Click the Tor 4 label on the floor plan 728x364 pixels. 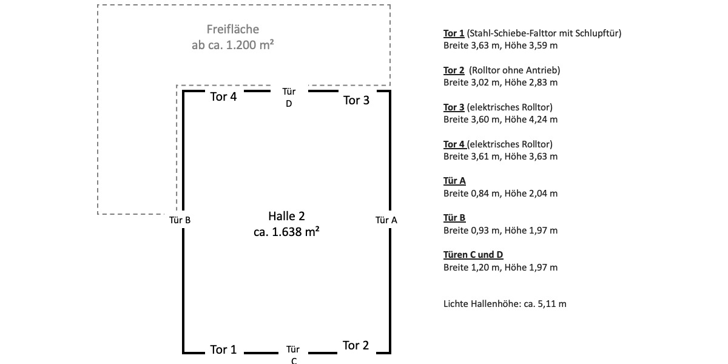(223, 97)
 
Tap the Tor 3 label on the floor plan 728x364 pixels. (356, 101)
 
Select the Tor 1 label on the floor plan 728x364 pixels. (223, 350)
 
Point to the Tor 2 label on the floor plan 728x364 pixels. (356, 346)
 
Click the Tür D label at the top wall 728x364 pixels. (289, 97)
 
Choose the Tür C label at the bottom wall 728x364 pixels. (293, 355)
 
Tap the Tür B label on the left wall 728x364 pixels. (180, 220)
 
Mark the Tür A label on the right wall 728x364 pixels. (386, 220)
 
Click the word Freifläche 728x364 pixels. (233, 29)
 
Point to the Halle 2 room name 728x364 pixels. (286, 216)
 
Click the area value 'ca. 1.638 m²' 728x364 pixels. (287, 231)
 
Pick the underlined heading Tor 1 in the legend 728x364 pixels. (454, 33)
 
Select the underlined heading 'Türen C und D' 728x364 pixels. (473, 255)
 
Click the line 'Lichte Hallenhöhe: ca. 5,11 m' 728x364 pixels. (505, 304)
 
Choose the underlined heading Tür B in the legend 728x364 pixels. (454, 218)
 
